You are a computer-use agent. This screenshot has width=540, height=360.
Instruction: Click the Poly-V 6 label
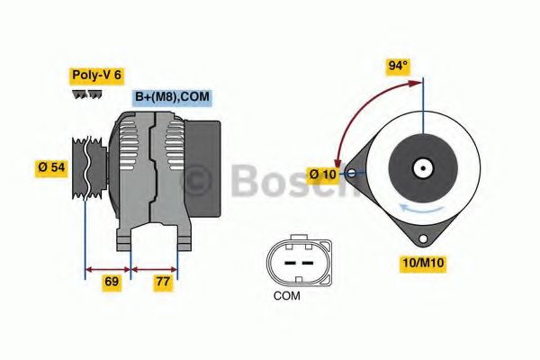pyautogui.click(x=95, y=76)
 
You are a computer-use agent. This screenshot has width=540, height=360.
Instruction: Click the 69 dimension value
pyautogui.click(x=112, y=282)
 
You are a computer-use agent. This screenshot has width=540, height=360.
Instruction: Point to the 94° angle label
pyautogui.click(x=397, y=66)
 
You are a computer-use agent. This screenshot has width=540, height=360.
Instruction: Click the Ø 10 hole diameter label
pyautogui.click(x=323, y=173)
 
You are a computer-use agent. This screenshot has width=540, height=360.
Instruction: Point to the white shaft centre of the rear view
pyautogui.click(x=421, y=167)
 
